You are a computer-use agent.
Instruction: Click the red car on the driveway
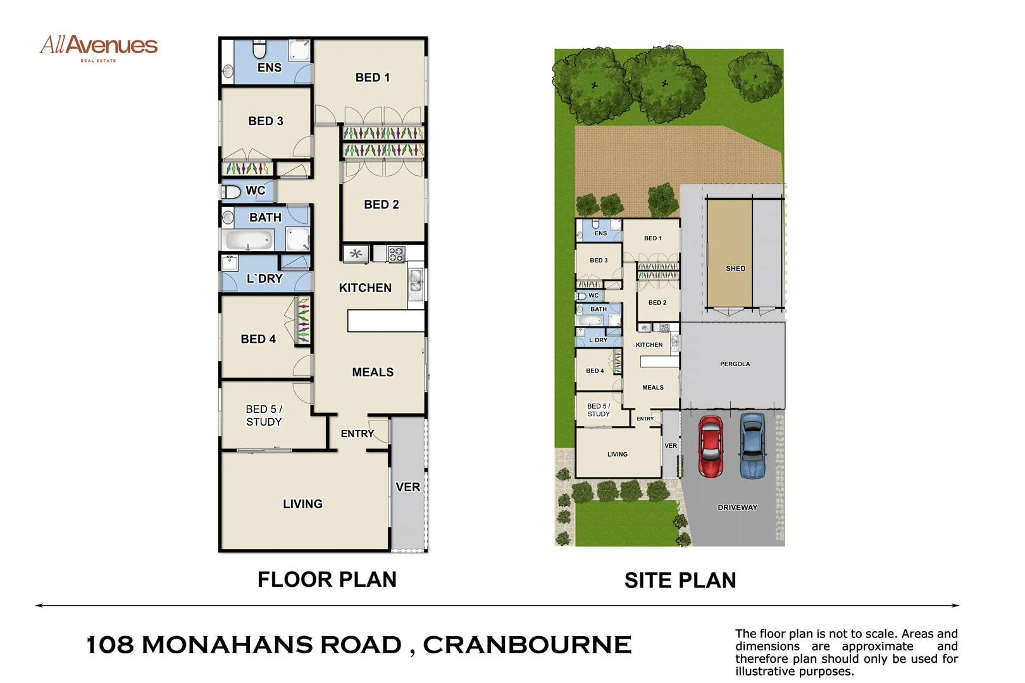click(x=711, y=446)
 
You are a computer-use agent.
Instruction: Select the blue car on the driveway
click(x=753, y=445)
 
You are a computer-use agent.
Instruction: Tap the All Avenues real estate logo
click(x=99, y=47)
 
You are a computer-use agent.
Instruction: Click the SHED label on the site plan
click(x=735, y=269)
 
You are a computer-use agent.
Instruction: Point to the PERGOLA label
click(x=735, y=364)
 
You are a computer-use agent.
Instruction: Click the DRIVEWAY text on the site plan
click(x=737, y=507)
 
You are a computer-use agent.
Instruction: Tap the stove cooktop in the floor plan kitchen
click(x=396, y=254)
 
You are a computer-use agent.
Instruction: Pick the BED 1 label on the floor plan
click(x=372, y=77)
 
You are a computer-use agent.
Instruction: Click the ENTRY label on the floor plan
click(x=357, y=434)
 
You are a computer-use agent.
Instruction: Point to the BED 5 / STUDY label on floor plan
click(x=264, y=415)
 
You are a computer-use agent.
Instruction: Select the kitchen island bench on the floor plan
click(x=385, y=321)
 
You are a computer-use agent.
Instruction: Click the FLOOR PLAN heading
click(x=326, y=579)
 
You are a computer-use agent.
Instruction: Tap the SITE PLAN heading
click(x=680, y=581)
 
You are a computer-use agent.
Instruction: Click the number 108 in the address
click(x=110, y=645)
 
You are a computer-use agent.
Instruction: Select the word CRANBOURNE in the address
click(x=526, y=645)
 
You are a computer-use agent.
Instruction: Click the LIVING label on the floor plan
click(x=302, y=504)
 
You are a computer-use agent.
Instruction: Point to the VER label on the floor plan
click(x=407, y=487)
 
